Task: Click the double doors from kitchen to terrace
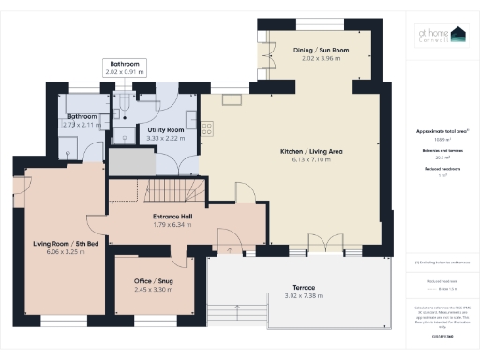pyautogui.click(x=322, y=246)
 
